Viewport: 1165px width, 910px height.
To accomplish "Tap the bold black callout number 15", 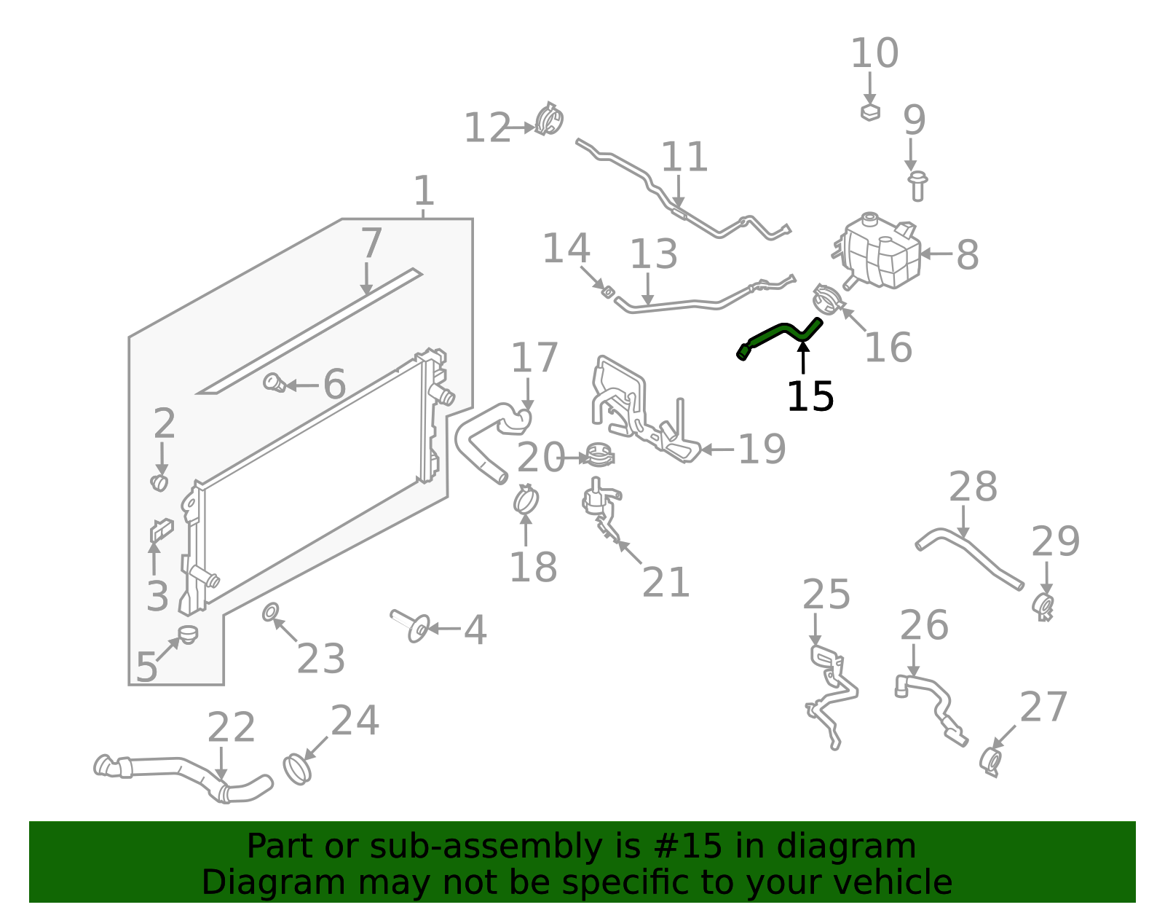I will click(810, 396).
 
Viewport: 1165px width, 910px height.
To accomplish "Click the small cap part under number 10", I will click(870, 112).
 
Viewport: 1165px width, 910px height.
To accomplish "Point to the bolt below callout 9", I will click(917, 185).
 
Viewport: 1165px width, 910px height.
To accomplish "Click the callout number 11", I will click(684, 157).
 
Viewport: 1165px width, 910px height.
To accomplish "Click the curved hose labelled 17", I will click(484, 437).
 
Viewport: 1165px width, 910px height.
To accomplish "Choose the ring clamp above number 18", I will click(525, 500).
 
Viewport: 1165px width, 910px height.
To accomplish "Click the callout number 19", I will click(761, 450).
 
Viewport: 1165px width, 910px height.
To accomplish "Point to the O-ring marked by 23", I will click(269, 611).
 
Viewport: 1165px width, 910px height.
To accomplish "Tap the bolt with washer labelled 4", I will click(411, 626).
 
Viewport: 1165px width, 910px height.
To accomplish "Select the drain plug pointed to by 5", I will click(188, 634).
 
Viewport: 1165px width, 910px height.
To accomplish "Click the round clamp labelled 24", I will click(296, 769).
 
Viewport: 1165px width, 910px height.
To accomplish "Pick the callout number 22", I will click(231, 728).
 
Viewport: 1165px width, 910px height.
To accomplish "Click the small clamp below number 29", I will click(1043, 606).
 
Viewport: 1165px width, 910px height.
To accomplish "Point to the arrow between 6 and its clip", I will click(302, 385).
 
